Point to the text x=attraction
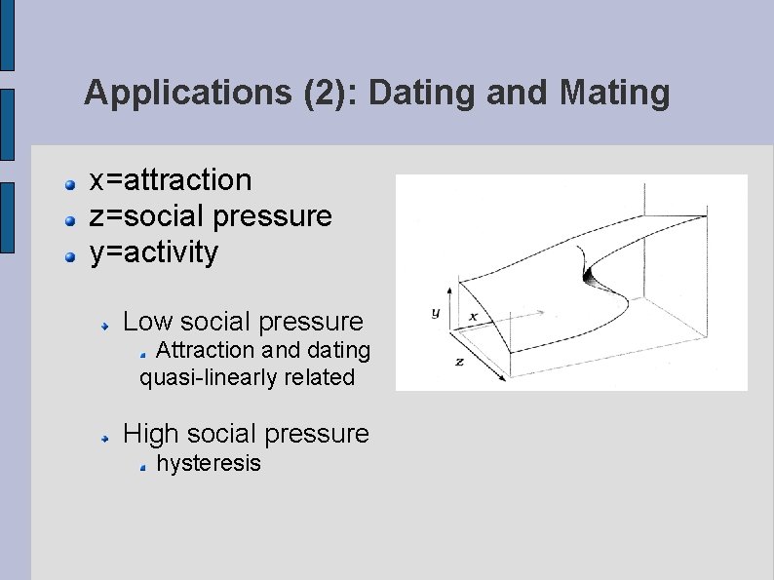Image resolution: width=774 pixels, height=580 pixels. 171,180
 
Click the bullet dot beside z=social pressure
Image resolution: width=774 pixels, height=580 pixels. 70,220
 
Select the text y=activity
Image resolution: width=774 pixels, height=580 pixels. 154,252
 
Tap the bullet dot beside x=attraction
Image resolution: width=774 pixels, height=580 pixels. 70,184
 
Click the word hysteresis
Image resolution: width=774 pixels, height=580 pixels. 209,462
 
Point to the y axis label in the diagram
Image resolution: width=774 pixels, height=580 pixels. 435,313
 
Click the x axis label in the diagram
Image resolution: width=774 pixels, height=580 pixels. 473,317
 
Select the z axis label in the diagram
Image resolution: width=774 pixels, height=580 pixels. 459,360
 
